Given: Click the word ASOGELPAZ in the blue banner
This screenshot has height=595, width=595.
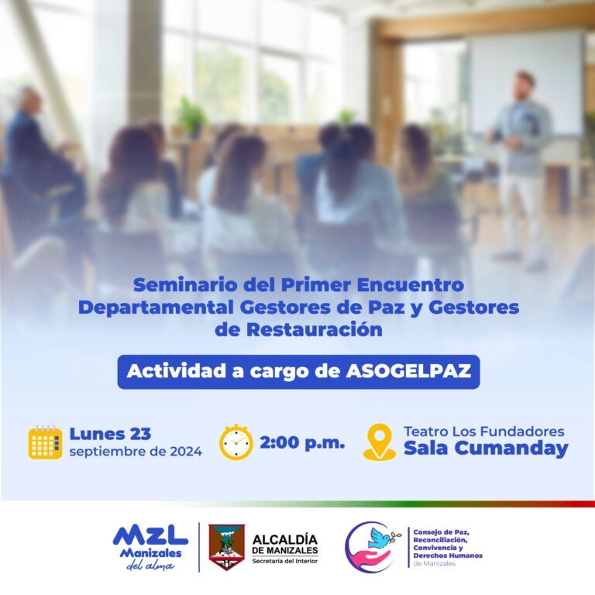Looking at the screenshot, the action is click(408, 371).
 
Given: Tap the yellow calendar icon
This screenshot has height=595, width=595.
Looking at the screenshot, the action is click(45, 442).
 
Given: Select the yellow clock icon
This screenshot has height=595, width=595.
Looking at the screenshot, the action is click(236, 442).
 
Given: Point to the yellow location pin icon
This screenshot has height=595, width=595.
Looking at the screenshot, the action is click(380, 442).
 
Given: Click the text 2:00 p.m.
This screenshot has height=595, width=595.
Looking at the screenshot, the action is click(302, 442).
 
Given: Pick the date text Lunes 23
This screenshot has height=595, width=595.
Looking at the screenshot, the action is click(110, 434).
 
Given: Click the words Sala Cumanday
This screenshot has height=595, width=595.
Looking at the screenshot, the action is click(486, 448).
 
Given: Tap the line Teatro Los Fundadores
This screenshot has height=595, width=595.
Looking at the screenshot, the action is click(483, 432).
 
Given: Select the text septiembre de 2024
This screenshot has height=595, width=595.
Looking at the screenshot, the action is click(136, 452).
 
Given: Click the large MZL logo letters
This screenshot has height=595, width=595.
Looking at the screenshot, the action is click(150, 536).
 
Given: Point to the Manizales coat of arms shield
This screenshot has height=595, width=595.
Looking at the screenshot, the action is click(226, 547).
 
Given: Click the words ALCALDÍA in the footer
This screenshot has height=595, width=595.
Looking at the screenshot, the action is click(285, 539).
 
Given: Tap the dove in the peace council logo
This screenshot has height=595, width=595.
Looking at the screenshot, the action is click(382, 537).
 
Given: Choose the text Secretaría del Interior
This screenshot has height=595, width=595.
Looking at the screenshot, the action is click(285, 561).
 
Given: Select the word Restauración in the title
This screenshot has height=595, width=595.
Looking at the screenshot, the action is click(315, 329).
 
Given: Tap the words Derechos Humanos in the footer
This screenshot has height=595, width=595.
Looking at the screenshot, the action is click(448, 555).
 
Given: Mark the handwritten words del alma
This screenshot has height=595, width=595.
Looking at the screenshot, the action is click(150, 566).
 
